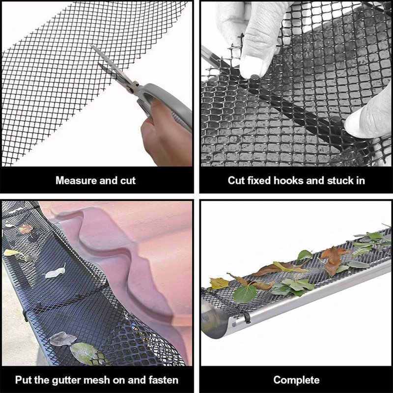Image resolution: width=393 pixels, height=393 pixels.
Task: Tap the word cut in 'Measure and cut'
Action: click(x=128, y=180)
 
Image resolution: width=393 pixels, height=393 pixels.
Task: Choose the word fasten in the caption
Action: click(x=164, y=380)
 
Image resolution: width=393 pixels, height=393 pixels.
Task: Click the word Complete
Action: click(x=297, y=380)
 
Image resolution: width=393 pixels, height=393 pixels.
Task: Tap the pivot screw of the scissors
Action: click(x=130, y=88)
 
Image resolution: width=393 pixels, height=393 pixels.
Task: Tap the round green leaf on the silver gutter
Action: click(x=245, y=294)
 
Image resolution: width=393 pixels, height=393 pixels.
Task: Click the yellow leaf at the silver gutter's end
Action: click(x=219, y=283)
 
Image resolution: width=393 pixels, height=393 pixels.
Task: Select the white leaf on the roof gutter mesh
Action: click(x=55, y=272)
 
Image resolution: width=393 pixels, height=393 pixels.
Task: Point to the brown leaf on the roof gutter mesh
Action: click(x=26, y=229)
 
